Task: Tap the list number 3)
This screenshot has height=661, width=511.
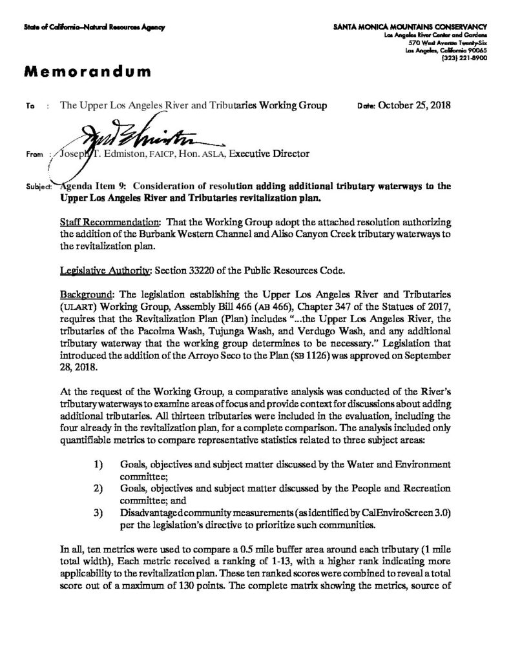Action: click(x=98, y=513)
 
